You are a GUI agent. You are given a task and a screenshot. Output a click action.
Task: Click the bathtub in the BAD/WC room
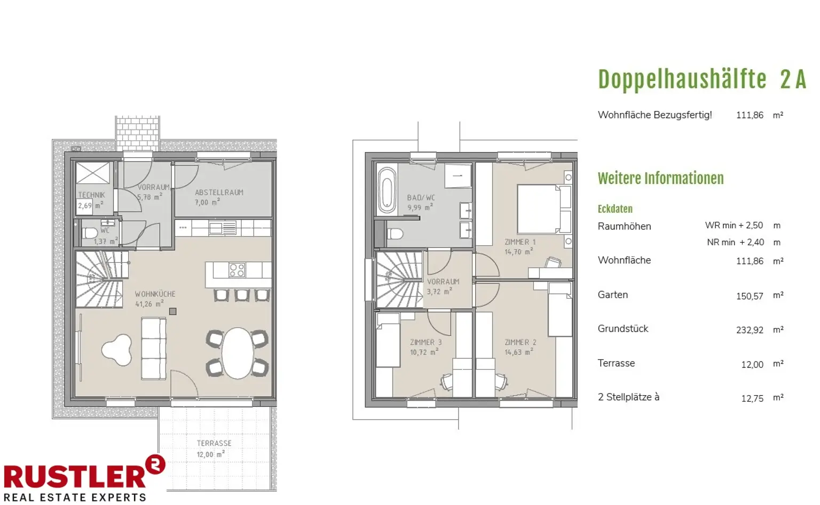387,190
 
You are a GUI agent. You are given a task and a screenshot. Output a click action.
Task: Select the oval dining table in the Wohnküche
237,353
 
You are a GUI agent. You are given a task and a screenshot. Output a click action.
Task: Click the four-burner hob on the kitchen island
236,270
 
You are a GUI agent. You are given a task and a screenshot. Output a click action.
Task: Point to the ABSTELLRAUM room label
219,193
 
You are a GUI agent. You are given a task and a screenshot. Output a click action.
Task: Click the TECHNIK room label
91,195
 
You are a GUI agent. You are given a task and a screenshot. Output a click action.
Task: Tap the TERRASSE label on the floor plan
214,443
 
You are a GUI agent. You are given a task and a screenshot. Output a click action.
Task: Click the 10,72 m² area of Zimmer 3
424,352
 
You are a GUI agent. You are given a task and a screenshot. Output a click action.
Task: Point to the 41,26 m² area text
149,303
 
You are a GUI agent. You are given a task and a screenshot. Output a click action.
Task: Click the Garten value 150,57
750,296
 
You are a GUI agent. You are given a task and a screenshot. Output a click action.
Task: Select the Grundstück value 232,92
750,330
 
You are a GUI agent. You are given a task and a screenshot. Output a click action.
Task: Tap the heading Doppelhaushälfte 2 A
702,79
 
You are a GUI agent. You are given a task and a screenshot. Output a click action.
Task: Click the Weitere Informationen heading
661,179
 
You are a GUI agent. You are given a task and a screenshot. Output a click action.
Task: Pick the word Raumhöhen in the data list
624,226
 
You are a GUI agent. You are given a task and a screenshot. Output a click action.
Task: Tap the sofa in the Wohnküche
154,349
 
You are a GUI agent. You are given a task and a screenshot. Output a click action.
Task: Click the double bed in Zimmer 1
545,209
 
